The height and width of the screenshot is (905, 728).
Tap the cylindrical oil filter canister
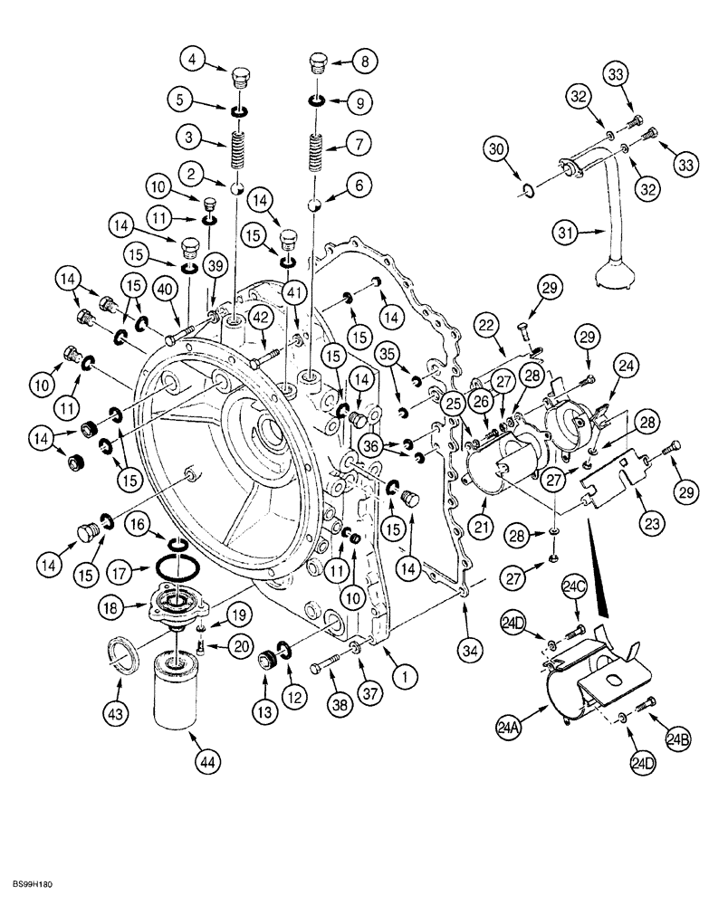(174, 691)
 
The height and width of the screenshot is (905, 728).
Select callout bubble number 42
(261, 317)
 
